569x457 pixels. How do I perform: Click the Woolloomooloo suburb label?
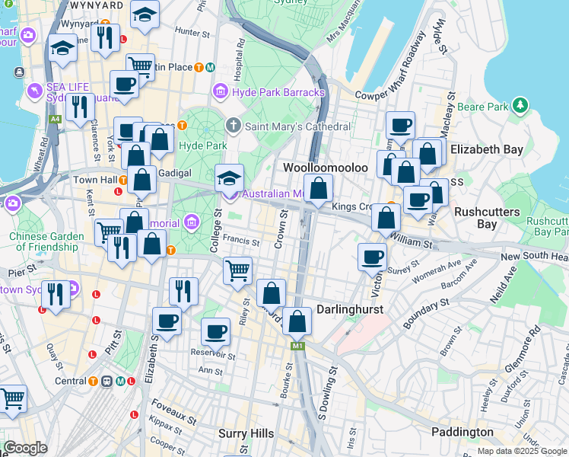coord(325,167)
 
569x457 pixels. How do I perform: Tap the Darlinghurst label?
coord(349,310)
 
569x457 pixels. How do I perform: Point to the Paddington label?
coord(462,432)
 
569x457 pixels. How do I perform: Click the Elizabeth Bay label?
coord(486,149)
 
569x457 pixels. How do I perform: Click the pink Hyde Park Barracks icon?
coord(221,92)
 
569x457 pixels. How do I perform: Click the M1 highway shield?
coord(297,347)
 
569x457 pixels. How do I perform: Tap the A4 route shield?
coord(55,120)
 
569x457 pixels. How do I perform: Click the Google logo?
coord(25,448)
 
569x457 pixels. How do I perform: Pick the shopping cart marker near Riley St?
coord(238,270)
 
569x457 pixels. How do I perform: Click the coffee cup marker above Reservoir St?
coord(216,331)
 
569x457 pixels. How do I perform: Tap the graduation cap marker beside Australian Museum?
coord(229,178)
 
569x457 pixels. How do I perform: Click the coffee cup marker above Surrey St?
coord(371,257)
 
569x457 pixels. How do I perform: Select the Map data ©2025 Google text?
coord(522,451)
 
